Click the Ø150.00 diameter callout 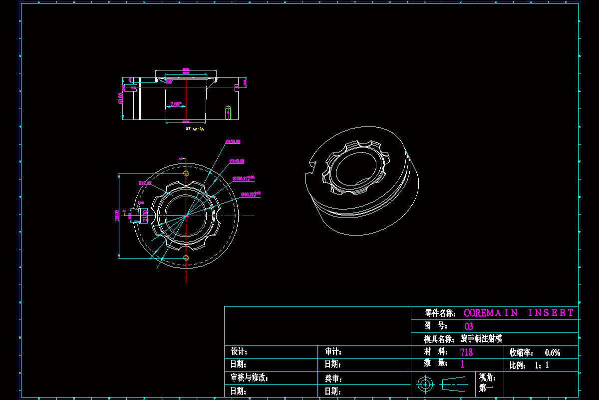coord(233,142)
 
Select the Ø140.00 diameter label coord(237,161)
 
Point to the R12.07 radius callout coord(145,183)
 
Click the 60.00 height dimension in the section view coord(121,98)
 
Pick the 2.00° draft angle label coord(176,104)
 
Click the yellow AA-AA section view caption coord(195,129)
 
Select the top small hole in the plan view coord(186,173)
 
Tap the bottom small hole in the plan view coord(186,258)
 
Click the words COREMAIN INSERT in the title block coord(519,313)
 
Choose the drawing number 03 coord(469,326)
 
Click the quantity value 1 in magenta coord(462,364)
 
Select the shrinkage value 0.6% coord(553,352)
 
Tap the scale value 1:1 coord(542,365)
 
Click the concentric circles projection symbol coord(425,384)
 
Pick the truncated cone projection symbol coord(453,384)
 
